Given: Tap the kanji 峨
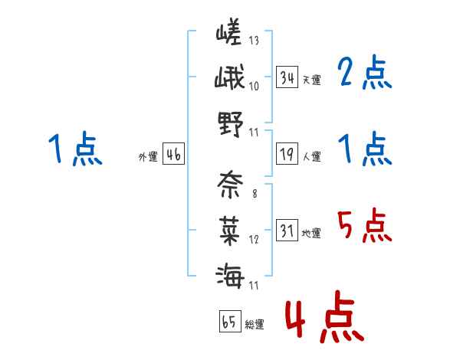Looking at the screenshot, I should coord(230,79).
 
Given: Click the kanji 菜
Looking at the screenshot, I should coord(230,228).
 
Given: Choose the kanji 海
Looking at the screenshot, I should coord(230,273).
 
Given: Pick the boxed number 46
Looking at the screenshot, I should coord(173,155).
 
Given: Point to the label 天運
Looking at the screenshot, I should coord(311,80).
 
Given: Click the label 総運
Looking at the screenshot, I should coord(255,324).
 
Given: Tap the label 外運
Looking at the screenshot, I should coord(148,157).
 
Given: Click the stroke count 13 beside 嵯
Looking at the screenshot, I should coord(254,41).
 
